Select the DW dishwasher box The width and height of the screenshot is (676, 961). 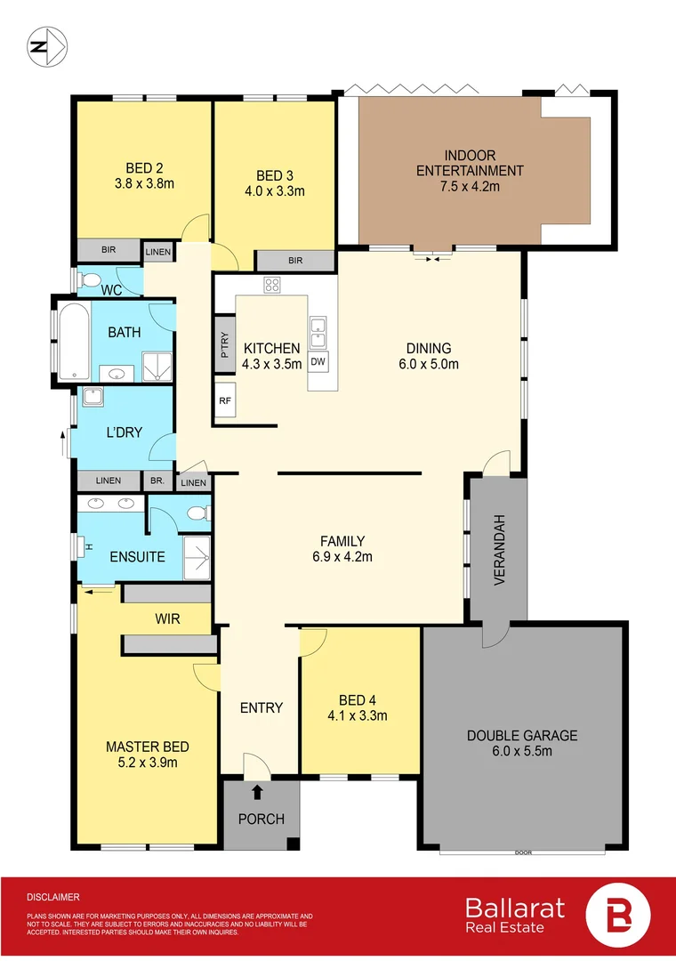(x=318, y=361)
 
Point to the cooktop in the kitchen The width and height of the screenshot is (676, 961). (x=272, y=286)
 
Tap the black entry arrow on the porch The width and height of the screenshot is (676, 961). (x=258, y=791)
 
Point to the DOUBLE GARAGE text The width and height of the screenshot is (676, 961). (x=522, y=736)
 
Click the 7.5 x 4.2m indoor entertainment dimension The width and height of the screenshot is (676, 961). (x=471, y=186)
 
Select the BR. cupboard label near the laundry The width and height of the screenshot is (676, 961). (x=158, y=481)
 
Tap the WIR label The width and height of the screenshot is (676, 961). (x=168, y=618)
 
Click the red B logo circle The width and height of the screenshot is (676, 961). (x=618, y=917)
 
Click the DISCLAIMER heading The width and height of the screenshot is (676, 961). (x=53, y=898)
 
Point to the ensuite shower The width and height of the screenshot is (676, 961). (x=197, y=558)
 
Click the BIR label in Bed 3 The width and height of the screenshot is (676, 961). (x=295, y=261)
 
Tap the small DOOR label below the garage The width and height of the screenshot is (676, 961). (x=523, y=853)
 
